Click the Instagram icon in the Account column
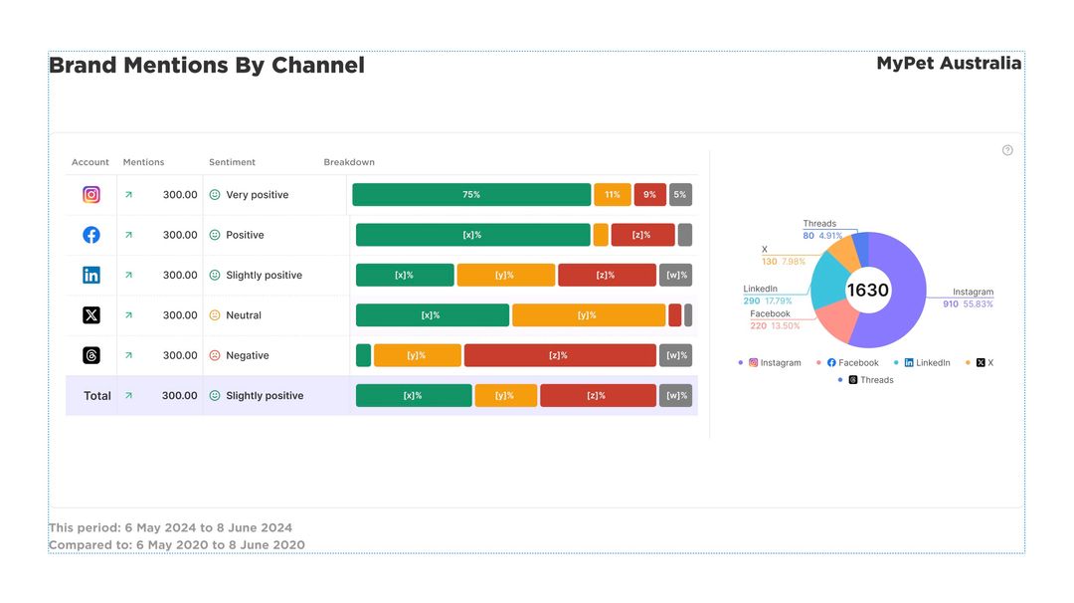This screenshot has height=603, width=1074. click(x=91, y=195)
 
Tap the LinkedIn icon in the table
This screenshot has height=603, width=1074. click(x=91, y=276)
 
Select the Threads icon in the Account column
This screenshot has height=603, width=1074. click(x=91, y=355)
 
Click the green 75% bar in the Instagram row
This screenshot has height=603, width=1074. click(x=471, y=195)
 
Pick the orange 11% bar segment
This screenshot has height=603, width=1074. click(x=613, y=195)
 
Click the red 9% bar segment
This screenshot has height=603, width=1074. click(x=649, y=195)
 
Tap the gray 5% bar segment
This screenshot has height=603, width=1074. click(x=680, y=195)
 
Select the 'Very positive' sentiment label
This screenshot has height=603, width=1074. click(x=257, y=195)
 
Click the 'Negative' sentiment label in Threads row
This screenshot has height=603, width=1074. click(x=247, y=355)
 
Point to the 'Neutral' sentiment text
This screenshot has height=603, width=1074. click(x=244, y=315)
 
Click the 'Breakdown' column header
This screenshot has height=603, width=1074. click(x=349, y=162)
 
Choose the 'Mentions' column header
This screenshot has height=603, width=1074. click(x=143, y=162)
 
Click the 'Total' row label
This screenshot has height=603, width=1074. click(x=97, y=396)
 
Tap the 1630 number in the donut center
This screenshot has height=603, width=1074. click(x=867, y=291)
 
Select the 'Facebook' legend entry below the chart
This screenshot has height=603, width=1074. click(x=858, y=363)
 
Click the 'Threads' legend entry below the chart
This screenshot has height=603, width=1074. click(x=876, y=380)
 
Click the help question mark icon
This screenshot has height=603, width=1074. click(x=1007, y=150)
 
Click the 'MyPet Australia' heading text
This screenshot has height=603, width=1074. click(x=949, y=64)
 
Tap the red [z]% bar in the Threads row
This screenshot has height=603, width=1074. click(x=559, y=355)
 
